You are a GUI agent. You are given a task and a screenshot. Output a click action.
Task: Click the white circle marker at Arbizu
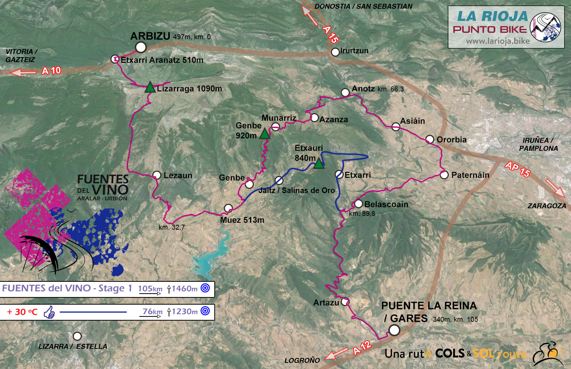pyautogui.click(x=141, y=47)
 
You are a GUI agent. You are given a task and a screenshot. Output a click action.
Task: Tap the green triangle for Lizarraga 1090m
pyautogui.click(x=150, y=88)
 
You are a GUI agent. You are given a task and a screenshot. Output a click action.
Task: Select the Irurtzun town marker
pyautogui.click(x=335, y=52)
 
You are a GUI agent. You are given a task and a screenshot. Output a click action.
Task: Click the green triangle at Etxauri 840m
pyautogui.click(x=319, y=164)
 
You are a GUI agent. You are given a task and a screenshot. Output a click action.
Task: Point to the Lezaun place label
pyautogui.click(x=178, y=176)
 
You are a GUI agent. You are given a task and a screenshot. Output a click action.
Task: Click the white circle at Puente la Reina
pyautogui.click(x=394, y=330)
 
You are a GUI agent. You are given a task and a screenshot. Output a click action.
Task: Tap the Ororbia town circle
pyautogui.click(x=430, y=139)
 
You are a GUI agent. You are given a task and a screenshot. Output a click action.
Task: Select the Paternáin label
pyautogui.click(x=470, y=175)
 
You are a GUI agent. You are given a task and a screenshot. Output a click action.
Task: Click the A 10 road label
pyautogui.click(x=51, y=71)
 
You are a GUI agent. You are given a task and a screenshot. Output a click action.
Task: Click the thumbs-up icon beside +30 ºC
pyautogui.click(x=49, y=312)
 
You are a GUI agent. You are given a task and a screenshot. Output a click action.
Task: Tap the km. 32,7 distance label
pyautogui.click(x=172, y=227)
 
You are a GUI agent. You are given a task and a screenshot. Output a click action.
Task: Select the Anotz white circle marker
pyautogui.click(x=345, y=92)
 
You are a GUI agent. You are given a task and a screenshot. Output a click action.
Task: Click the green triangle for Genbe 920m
pyautogui.click(x=265, y=134)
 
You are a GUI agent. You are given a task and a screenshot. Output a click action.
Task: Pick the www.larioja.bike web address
pyautogui.click(x=498, y=41)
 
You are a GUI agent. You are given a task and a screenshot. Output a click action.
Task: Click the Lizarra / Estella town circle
pyautogui.click(x=77, y=336)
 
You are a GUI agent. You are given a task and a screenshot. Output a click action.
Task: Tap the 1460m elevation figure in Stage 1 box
pyautogui.click(x=184, y=289)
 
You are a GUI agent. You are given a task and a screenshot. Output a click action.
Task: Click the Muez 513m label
pyautogui.click(x=242, y=220)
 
